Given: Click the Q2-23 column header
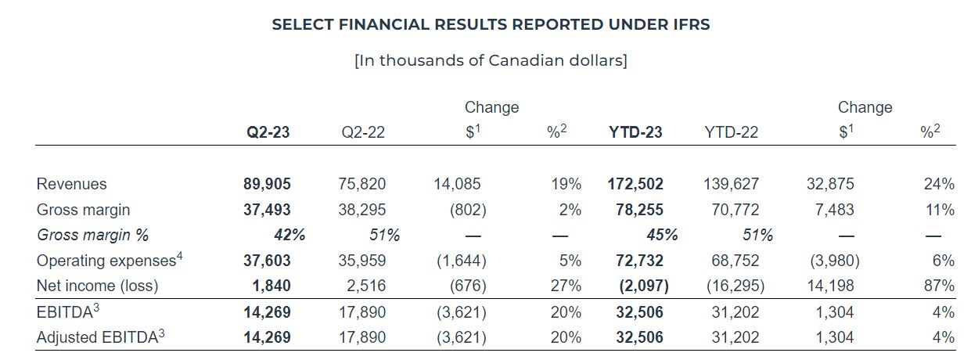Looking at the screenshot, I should coord(268,132).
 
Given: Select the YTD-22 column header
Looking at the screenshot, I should coord(731,132).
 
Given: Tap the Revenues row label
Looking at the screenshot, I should coord(72,184).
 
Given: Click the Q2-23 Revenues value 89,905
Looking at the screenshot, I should coord(267,184).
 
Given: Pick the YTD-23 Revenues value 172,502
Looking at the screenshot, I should coord(635,184).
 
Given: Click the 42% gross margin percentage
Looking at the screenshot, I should coord(289,235).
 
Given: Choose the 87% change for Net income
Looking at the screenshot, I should coord(939,286).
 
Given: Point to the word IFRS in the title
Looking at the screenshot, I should coord(689,24).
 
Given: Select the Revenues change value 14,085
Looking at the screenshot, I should coord(457,184).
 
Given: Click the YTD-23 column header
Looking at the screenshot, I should coord(635,132).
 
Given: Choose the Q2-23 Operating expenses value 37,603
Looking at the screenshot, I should coord(267,261).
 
